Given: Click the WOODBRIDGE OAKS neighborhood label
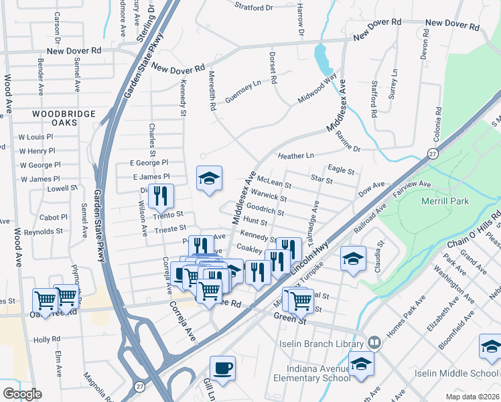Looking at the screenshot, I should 65,120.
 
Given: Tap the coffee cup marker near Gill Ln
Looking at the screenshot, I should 222,368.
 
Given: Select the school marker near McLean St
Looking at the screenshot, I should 209,178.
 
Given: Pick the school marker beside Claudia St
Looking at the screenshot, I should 353,259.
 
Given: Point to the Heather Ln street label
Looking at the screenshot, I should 296,155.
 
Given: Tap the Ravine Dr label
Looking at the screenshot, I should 348,143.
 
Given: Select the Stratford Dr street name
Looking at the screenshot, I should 254,8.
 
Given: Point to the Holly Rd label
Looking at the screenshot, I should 47,340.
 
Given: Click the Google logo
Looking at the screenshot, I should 21,394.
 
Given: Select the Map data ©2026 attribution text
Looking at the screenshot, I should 472,396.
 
